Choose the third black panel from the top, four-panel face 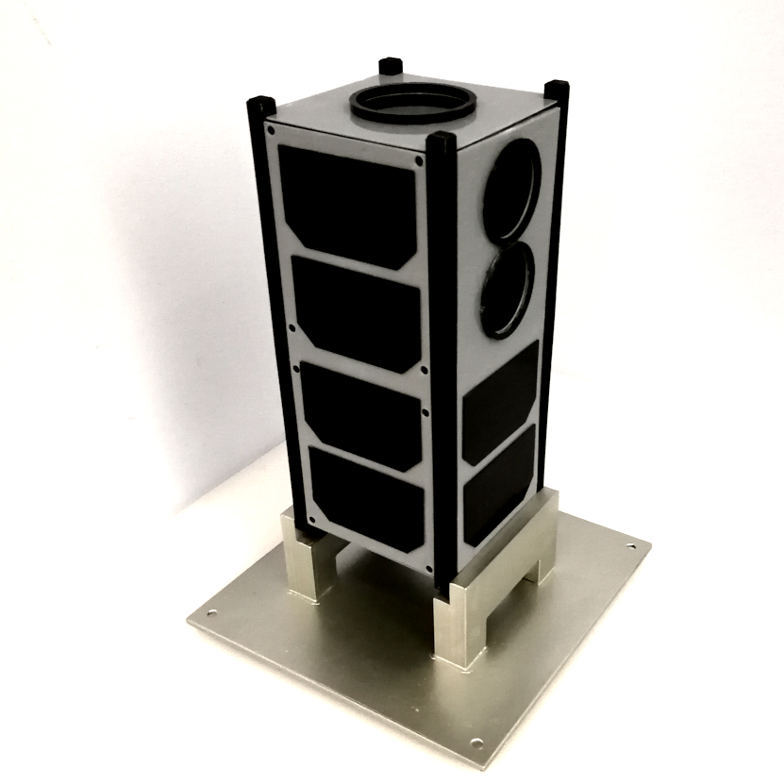pos(360,413)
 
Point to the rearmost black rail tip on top pos(391,67)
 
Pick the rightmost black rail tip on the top pos(557,90)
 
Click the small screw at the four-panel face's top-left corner pos(272,130)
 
